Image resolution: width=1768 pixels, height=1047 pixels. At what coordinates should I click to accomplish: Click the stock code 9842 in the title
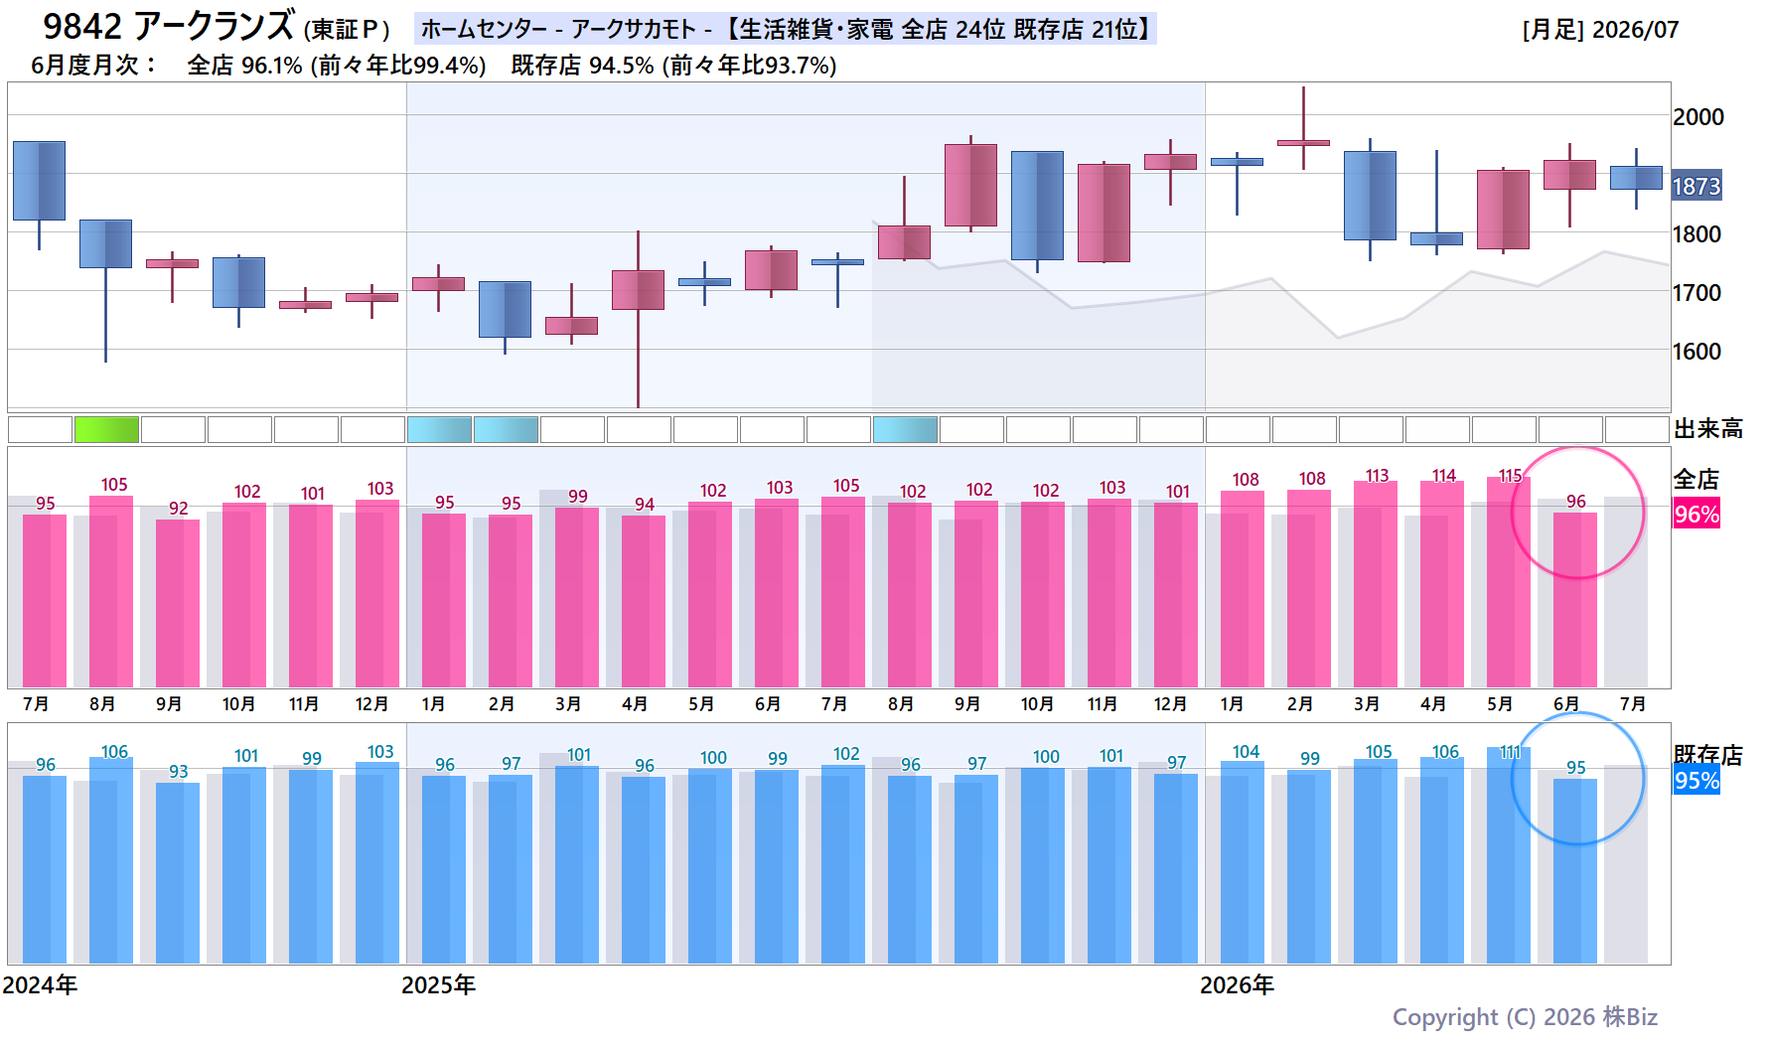point(82,26)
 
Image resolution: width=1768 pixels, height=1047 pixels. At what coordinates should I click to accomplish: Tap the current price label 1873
point(1696,186)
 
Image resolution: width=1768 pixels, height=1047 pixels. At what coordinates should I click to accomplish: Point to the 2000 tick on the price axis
point(1698,117)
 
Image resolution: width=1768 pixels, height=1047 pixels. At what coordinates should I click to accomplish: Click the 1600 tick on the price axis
point(1697,352)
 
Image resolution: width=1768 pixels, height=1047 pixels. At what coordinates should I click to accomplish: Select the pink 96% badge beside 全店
point(1696,514)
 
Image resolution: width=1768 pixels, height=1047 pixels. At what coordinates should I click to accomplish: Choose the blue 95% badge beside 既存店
point(1696,780)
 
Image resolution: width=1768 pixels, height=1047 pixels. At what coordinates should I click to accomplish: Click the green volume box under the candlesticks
point(106,429)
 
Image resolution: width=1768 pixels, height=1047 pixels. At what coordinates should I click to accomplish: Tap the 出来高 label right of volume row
point(1708,429)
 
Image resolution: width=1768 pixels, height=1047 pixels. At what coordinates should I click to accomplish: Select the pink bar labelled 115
point(1509,582)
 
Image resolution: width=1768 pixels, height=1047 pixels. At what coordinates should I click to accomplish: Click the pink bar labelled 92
point(178,604)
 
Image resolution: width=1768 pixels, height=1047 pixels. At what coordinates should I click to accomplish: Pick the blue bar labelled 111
point(1509,855)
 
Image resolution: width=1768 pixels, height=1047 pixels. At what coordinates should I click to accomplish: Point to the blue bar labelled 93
point(178,873)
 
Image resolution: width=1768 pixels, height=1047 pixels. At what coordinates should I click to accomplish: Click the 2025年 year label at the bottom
point(438,985)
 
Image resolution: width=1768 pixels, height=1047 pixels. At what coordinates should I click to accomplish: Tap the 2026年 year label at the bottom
point(1237,985)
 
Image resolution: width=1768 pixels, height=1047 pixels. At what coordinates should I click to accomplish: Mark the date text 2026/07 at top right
point(1635,30)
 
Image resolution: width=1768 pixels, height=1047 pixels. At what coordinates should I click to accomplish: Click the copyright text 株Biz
point(1630,1017)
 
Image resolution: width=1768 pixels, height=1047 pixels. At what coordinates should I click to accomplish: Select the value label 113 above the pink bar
point(1377,476)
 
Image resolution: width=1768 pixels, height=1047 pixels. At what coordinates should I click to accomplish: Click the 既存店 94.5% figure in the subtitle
point(582,66)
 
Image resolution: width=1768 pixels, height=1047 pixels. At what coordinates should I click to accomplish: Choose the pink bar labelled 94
point(644,602)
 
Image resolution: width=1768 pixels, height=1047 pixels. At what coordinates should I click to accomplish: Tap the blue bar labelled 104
point(1243,862)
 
